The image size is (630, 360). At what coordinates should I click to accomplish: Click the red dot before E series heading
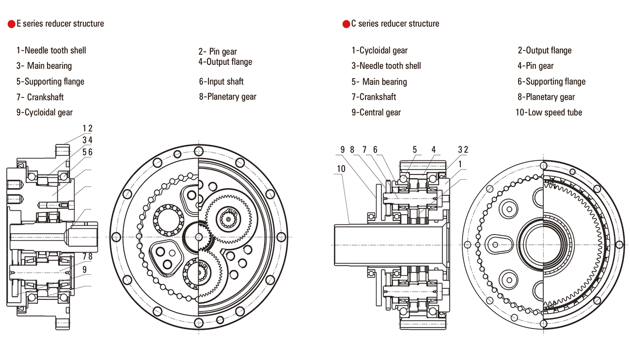coord(11,24)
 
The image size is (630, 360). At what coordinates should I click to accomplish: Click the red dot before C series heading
coord(346,24)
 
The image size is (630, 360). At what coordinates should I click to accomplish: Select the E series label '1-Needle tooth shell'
coord(51,50)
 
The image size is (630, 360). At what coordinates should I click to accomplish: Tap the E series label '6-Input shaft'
coord(221,81)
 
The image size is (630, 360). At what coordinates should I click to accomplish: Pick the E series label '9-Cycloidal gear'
coord(44,112)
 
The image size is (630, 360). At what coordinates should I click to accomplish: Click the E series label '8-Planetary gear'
coord(227,97)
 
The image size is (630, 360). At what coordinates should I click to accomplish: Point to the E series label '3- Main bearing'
coord(44,66)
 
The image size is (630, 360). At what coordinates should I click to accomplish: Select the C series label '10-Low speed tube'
coord(549,112)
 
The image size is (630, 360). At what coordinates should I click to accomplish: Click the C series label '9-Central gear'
coord(376,112)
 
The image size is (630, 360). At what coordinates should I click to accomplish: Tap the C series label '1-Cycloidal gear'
coord(379,50)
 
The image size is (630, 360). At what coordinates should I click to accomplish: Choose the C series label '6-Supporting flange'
coord(551,81)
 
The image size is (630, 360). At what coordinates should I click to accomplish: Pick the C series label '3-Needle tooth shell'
coord(386,66)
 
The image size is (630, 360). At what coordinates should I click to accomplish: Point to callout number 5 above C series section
coord(415,150)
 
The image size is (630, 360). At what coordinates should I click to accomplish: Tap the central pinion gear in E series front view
coord(199,236)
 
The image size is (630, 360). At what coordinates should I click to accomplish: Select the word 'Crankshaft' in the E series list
coord(45,97)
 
